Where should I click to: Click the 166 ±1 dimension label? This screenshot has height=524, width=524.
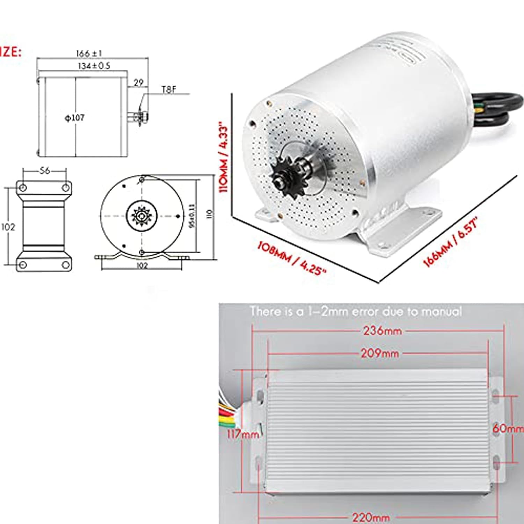coord(89,53)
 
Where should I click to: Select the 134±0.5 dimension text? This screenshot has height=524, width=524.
coord(94,66)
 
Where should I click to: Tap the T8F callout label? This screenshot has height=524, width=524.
coord(169,90)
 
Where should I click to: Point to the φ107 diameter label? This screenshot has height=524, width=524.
coord(75,118)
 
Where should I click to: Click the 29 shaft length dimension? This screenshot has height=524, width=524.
coord(139,83)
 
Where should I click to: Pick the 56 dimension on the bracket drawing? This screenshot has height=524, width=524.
coord(45,171)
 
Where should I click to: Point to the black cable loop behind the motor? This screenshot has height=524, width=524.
coord(496,108)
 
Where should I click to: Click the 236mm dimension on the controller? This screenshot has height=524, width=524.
coord(383,330)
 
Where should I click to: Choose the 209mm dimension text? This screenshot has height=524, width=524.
coord(380,353)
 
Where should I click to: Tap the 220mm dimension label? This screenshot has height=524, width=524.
coord(371,517)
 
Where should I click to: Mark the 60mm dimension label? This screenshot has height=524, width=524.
coord(508,428)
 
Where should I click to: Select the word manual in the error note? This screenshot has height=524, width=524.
coord(442,311)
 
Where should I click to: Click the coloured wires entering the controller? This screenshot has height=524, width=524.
coord(229,412)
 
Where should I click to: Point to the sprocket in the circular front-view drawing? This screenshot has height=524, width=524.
coord(141,216)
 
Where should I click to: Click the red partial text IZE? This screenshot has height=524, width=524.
coord(10,52)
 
